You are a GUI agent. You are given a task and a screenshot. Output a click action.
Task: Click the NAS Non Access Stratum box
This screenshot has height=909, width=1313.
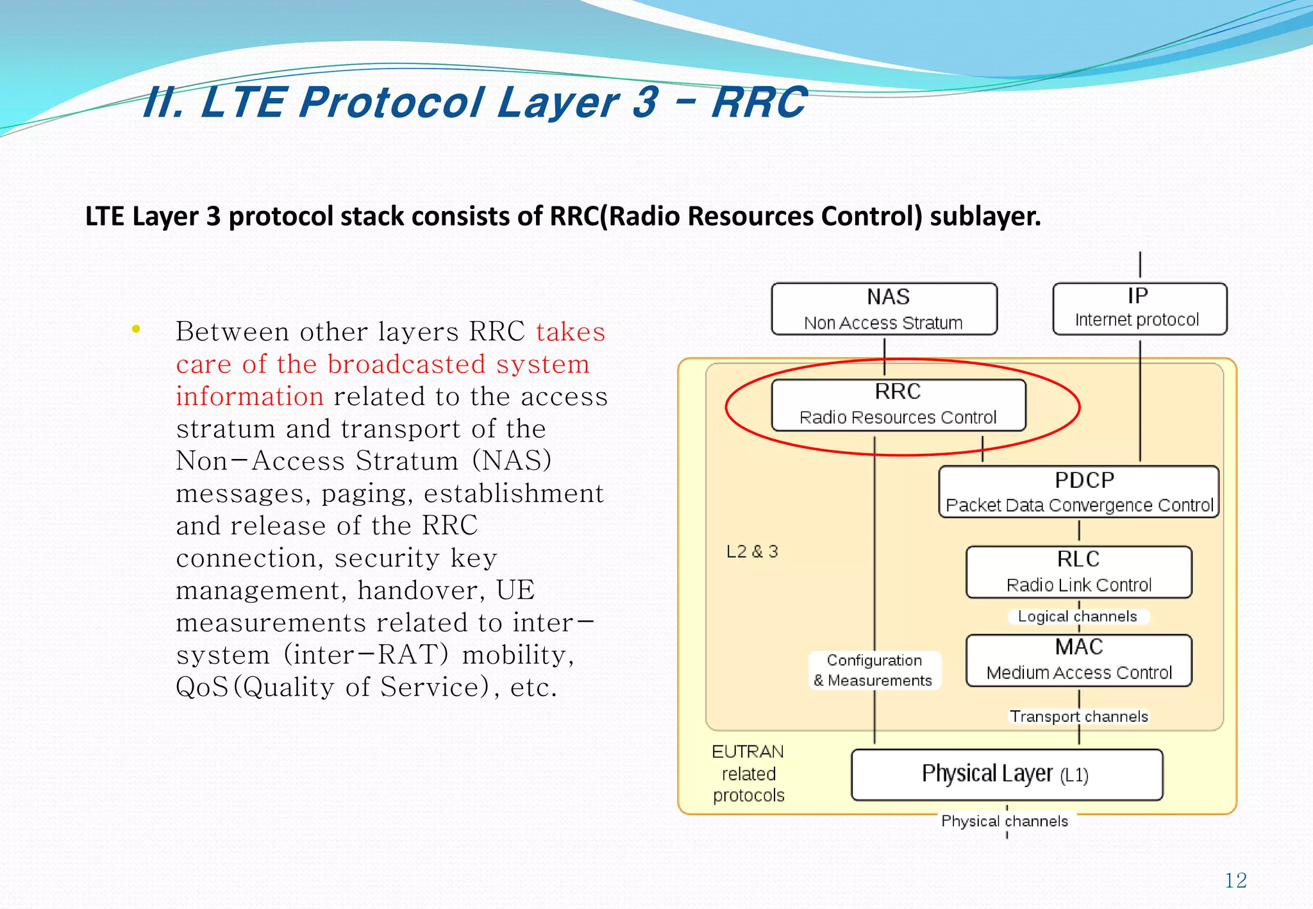tap(884, 309)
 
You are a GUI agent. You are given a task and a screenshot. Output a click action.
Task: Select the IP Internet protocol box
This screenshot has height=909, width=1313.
tap(1139, 309)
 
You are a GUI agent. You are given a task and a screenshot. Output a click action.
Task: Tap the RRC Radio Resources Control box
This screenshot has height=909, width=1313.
tap(898, 405)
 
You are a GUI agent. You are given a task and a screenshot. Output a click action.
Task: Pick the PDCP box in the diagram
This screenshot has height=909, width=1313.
tap(1079, 492)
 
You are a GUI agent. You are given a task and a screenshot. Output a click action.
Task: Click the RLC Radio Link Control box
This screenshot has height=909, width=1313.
tap(1079, 572)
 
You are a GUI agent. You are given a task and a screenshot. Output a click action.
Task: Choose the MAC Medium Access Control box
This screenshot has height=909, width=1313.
tap(1079, 660)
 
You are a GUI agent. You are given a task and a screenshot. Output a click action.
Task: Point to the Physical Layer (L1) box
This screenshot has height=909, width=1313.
tap(1007, 774)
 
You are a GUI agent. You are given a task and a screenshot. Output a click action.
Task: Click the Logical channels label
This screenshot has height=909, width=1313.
tap(1077, 617)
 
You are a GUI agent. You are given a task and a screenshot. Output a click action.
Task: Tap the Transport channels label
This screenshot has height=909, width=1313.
tap(1079, 717)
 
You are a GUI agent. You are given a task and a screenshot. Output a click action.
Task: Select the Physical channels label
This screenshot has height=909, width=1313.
tap(1005, 821)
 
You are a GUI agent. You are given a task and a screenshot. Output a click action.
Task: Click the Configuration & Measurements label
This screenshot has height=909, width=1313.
tap(874, 671)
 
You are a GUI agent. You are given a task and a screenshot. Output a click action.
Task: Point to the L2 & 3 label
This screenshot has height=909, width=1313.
tap(752, 551)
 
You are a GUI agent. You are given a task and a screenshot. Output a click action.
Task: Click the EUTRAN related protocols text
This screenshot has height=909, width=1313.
tap(748, 773)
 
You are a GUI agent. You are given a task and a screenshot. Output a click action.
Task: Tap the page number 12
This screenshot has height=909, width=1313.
tap(1235, 881)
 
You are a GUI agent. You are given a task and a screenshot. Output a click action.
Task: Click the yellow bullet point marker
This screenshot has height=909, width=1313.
tap(135, 329)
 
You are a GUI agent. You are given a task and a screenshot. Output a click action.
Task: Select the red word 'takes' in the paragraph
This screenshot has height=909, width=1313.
tap(571, 332)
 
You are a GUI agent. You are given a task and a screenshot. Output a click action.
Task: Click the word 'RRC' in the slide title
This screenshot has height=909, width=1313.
tap(760, 103)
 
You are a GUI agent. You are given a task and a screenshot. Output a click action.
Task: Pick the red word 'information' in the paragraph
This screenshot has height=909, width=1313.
tap(250, 396)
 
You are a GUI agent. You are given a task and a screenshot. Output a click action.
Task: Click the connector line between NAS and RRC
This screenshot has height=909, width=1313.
tap(884, 356)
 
